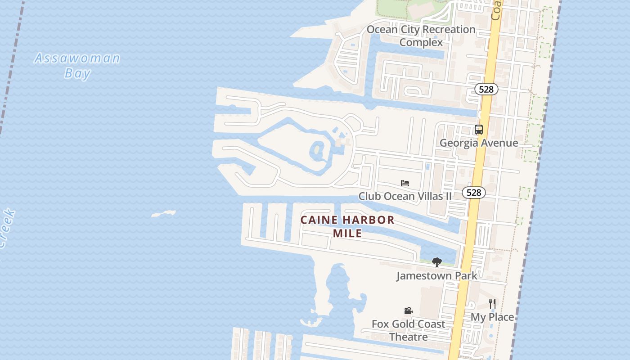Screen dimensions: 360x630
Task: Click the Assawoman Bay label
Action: (x=77, y=65)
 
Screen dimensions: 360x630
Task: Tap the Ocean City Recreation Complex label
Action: (x=421, y=36)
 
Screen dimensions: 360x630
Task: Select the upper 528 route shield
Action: (x=486, y=89)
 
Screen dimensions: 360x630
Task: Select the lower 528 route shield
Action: (x=473, y=193)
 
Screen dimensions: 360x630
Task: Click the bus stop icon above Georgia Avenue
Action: (x=479, y=130)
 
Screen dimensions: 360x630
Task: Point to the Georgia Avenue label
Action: (x=479, y=143)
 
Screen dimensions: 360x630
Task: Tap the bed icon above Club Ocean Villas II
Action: (x=405, y=183)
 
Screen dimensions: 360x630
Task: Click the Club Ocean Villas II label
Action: (x=405, y=196)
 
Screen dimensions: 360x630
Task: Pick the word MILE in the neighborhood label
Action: (x=347, y=234)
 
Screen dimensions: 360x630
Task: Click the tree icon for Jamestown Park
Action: (x=436, y=262)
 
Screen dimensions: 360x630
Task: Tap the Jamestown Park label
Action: (x=436, y=275)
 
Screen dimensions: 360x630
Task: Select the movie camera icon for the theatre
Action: (x=408, y=310)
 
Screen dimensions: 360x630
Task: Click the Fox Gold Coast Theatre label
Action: (x=408, y=330)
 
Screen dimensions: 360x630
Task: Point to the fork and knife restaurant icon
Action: (x=492, y=304)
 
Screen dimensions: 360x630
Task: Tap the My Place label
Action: (x=492, y=317)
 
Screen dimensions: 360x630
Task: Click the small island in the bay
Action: (x=163, y=213)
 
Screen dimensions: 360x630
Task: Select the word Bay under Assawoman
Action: (x=77, y=73)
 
